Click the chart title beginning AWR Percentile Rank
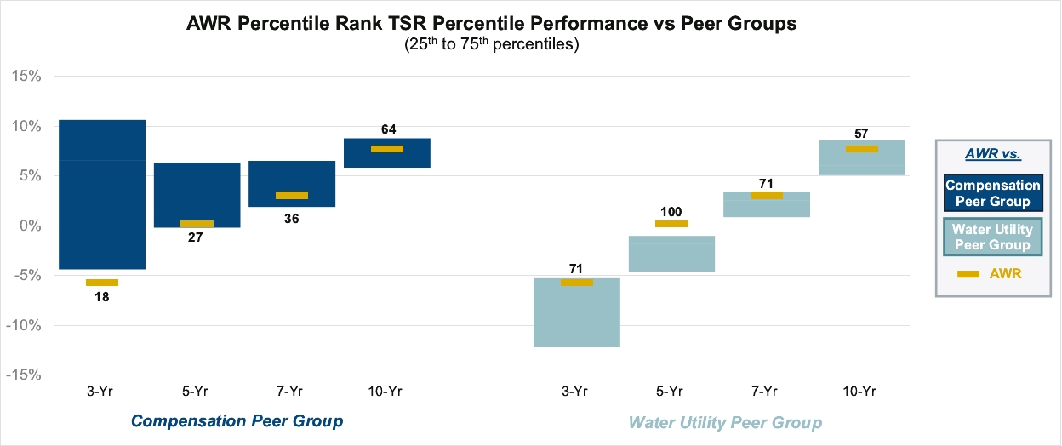pos(491,25)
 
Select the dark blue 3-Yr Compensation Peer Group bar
pos(103,194)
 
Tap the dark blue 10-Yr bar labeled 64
pos(387,153)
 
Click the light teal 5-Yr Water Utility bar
pos(671,254)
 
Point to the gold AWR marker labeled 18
pos(102,283)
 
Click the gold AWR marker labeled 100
pos(671,224)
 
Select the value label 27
pos(196,237)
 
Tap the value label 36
pos(291,218)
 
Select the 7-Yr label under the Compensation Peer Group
pos(290,391)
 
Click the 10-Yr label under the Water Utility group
pos(860,391)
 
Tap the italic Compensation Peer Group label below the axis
pos(237,420)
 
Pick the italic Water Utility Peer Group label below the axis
pos(725,422)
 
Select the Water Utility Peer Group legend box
pos(992,237)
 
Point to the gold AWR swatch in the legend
pos(968,273)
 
